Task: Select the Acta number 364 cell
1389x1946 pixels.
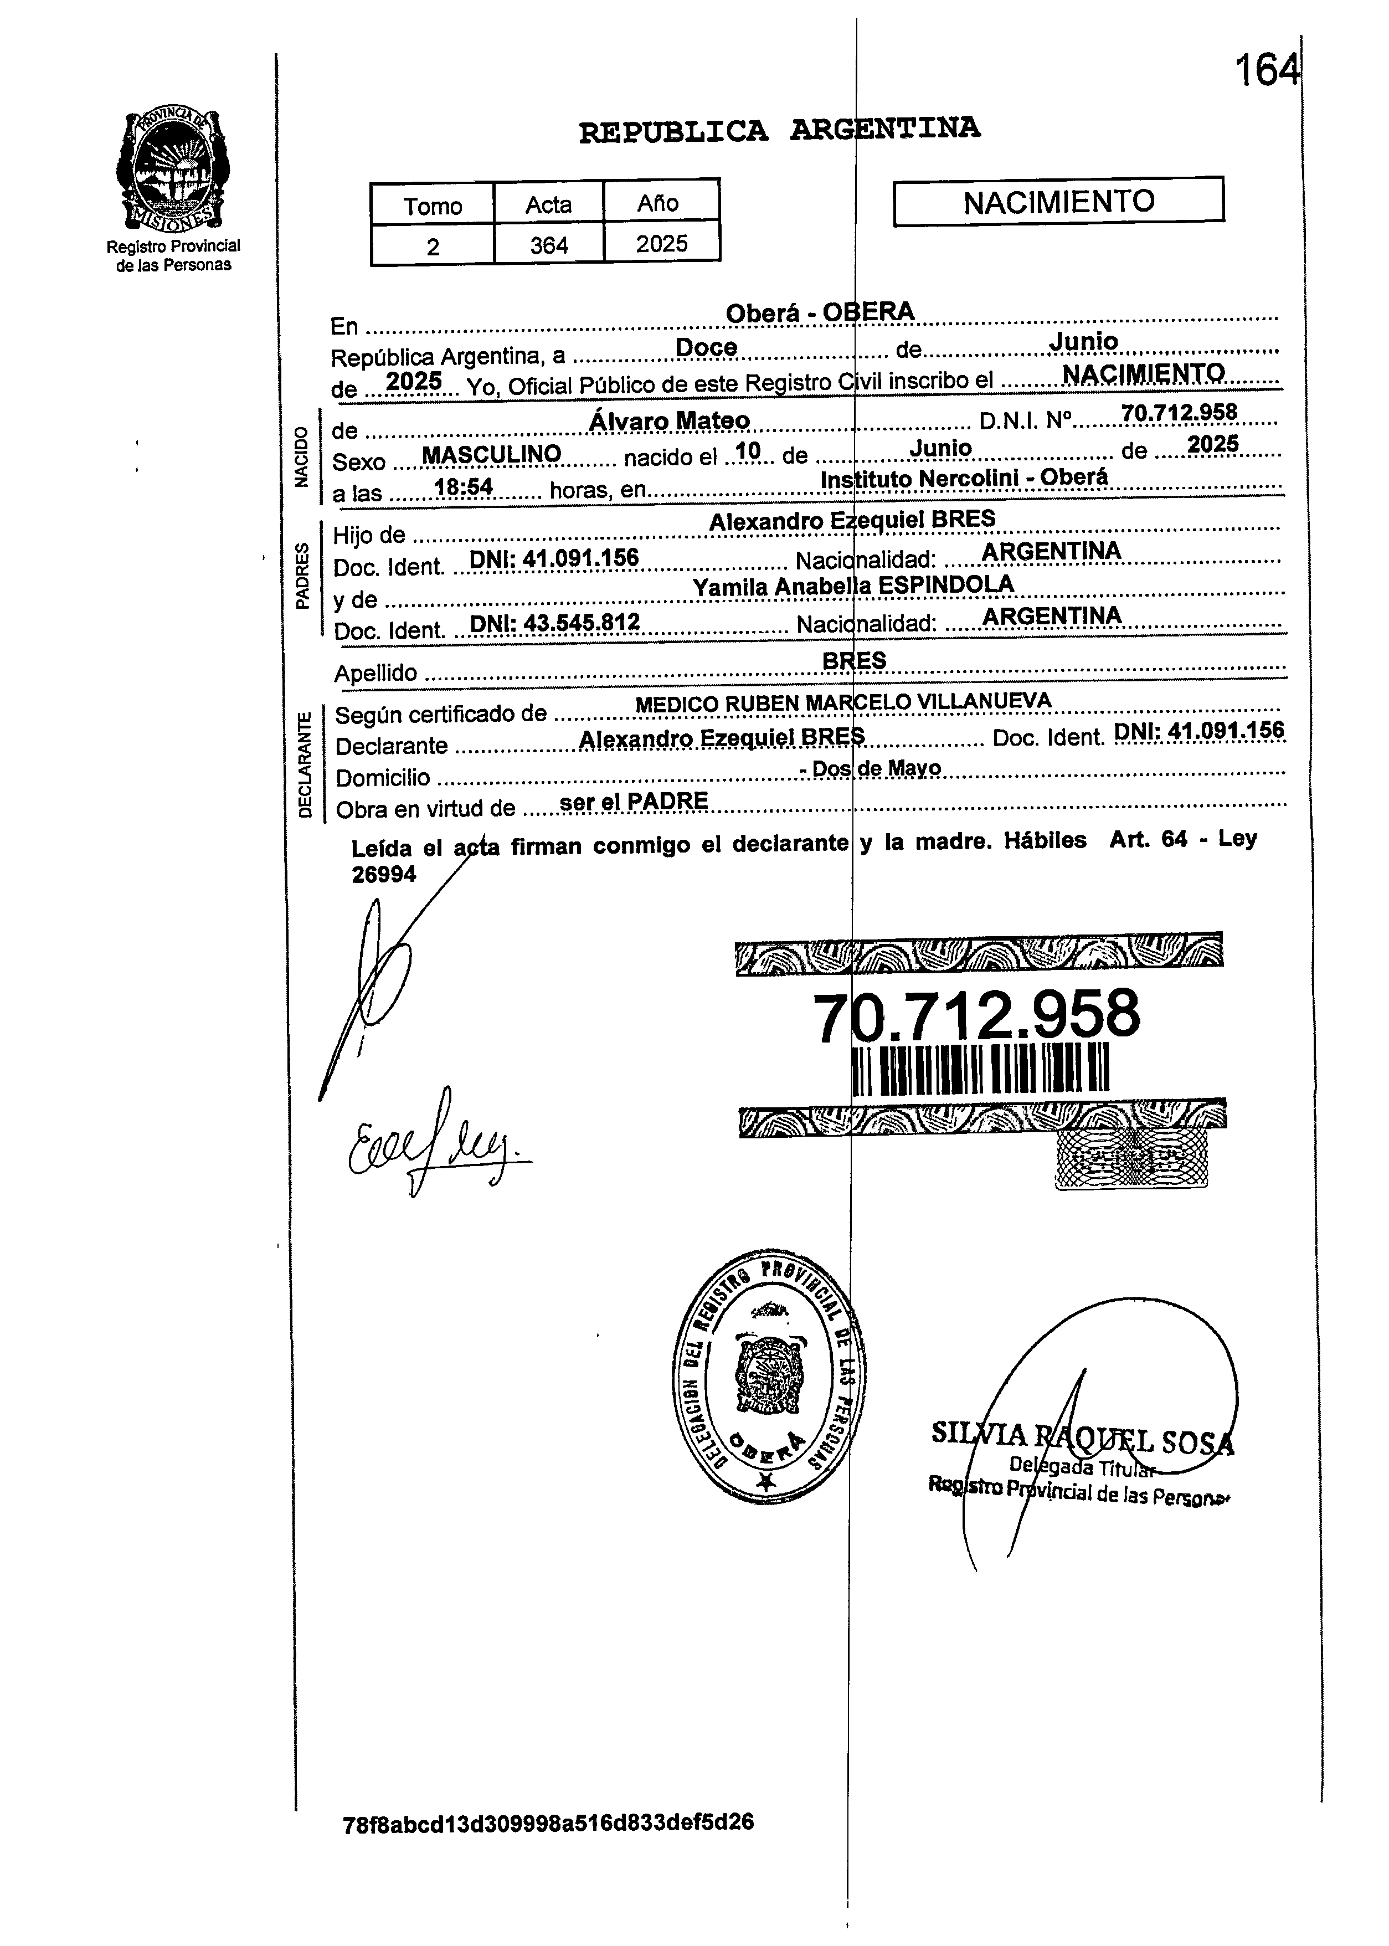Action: [548, 245]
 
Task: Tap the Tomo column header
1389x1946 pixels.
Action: [433, 206]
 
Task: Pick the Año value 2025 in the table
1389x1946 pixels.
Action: [661, 244]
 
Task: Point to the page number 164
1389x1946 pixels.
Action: [1266, 70]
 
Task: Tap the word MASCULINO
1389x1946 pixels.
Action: [492, 454]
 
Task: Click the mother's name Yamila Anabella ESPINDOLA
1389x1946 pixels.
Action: [853, 585]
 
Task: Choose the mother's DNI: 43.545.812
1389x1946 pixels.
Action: [555, 623]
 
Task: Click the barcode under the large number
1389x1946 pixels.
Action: [981, 1069]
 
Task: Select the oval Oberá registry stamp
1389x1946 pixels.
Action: [767, 1377]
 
